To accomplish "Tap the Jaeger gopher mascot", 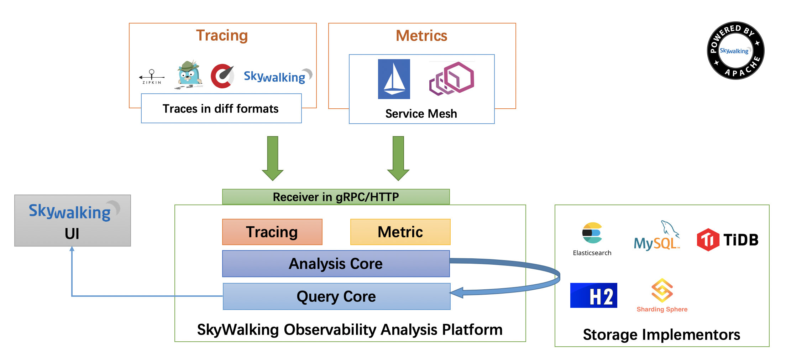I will (189, 75).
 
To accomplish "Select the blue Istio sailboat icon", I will (394, 79).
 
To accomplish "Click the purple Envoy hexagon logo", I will (451, 78).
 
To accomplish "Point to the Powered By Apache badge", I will (735, 51).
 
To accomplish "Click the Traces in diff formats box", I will (221, 108).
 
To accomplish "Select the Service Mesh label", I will (421, 114).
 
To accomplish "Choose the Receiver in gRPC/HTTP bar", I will (336, 197).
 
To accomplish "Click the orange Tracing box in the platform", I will (272, 232).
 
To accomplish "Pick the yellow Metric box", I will (400, 232).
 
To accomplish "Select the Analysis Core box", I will (336, 264).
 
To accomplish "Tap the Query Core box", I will (336, 296).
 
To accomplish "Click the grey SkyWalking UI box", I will (73, 221).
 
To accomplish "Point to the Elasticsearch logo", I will (592, 238).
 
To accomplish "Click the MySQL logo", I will (657, 237).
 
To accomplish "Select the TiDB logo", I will (727, 240).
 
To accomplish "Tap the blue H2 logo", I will (593, 295).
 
